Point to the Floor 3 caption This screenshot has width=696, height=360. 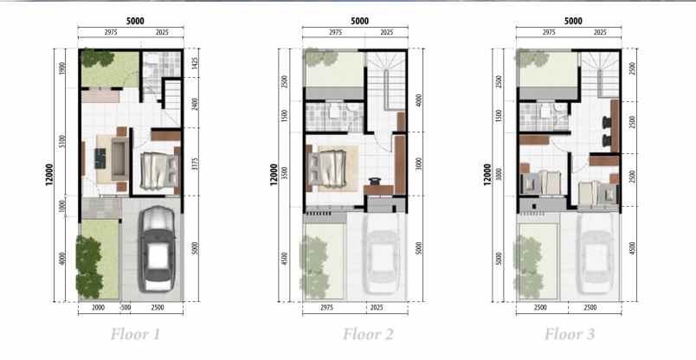point(570,334)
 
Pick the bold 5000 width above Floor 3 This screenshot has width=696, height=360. point(572,20)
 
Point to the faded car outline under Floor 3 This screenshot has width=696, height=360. point(596,251)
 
